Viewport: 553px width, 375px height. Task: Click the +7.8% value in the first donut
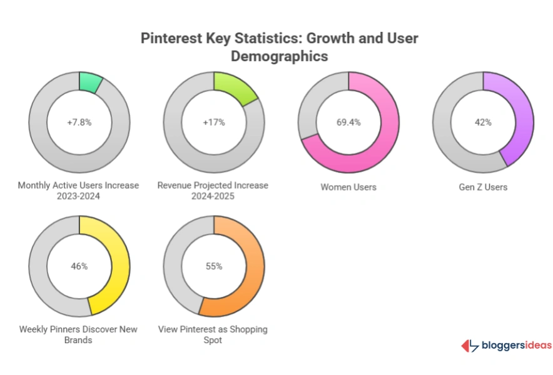[x=79, y=122]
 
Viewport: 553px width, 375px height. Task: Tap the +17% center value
[x=214, y=122]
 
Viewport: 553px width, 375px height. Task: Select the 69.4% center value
[x=348, y=122]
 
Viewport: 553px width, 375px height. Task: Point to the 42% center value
[x=483, y=122]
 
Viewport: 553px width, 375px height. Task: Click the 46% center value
[x=79, y=266]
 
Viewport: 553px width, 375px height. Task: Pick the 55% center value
[x=214, y=266]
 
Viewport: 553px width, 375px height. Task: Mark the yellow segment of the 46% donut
[x=118, y=269]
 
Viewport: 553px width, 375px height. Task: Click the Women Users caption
[x=348, y=187]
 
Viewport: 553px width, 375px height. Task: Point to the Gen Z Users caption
[x=483, y=187]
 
